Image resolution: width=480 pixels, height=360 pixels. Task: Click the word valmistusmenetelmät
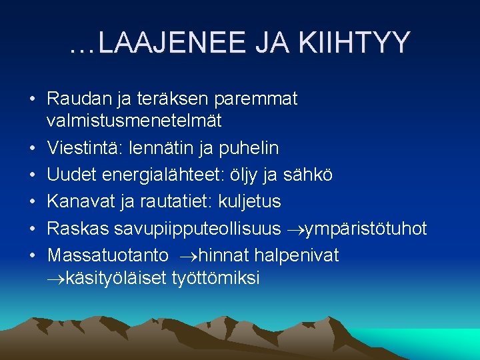coord(134,121)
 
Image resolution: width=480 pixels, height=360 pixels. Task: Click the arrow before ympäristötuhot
coord(294,229)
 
